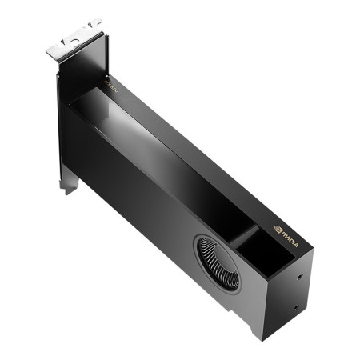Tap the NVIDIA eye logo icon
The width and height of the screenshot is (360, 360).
[278, 228]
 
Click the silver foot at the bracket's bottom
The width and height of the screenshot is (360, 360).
[69, 186]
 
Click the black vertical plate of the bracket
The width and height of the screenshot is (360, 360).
[64, 120]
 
